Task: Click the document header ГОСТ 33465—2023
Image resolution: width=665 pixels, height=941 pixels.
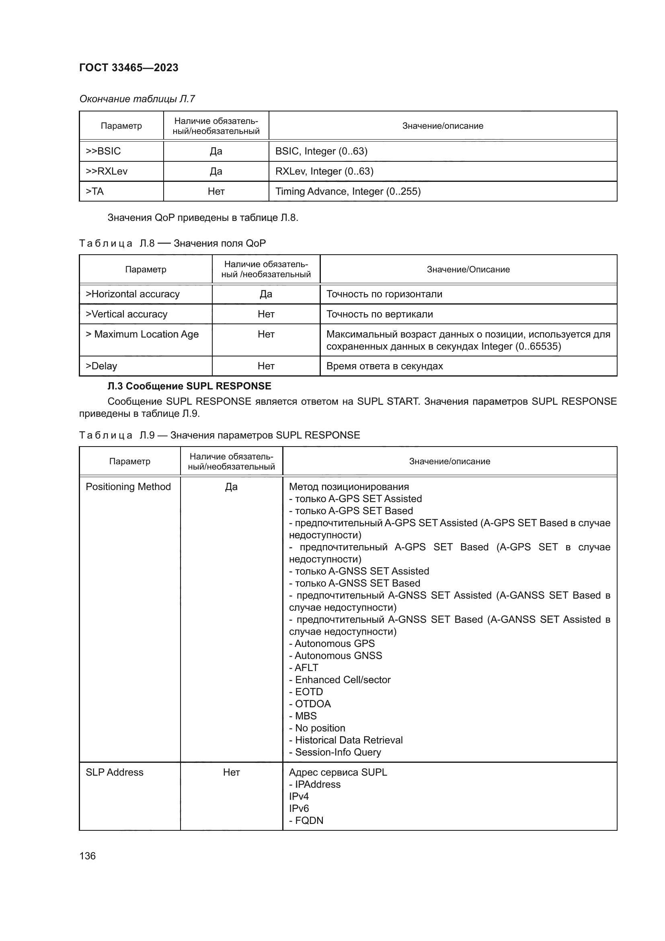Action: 129,68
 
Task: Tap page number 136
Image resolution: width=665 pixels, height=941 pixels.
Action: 87,856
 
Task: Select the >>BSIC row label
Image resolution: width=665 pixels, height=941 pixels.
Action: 103,151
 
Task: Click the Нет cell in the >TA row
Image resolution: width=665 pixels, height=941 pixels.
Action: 216,191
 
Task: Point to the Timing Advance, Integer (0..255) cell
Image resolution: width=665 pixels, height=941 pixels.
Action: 348,191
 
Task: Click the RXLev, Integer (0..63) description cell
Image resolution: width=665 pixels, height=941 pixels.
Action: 324,171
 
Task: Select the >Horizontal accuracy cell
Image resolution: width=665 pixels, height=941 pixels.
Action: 133,294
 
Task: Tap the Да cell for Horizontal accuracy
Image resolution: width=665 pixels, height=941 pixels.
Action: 266,294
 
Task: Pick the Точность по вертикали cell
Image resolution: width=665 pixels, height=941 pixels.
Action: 380,314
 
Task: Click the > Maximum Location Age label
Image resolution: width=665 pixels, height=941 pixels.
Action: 142,334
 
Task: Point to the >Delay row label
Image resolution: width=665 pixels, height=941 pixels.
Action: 101,366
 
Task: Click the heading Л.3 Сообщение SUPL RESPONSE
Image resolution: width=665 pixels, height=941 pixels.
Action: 189,386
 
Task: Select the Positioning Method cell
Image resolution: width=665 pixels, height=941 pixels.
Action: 128,486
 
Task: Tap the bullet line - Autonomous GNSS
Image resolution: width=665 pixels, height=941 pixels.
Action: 335,655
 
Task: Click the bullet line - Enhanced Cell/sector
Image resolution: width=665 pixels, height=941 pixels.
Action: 339,679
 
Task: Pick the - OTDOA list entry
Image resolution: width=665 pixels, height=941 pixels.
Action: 310,704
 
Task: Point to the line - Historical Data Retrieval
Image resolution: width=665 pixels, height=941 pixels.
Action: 346,740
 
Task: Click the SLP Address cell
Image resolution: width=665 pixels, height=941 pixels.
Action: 115,772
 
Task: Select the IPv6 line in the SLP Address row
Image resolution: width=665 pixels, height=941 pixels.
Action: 299,808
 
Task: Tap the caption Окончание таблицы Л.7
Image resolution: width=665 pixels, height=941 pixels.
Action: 137,99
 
